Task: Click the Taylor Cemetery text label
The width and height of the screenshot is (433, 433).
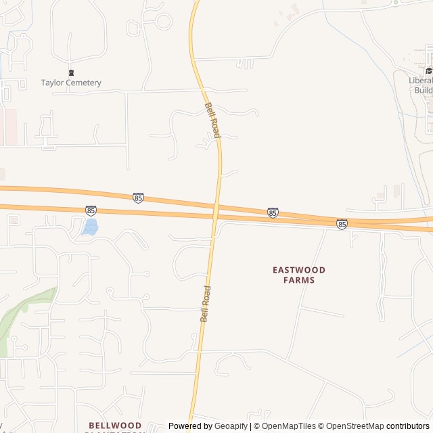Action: pos(71,83)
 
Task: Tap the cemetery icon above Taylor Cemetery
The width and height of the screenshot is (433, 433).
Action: pos(71,72)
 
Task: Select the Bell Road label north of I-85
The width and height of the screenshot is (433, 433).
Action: pos(212,120)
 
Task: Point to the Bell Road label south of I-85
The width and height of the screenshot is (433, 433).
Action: pos(205,303)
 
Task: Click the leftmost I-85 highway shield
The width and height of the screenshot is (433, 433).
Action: pos(91,211)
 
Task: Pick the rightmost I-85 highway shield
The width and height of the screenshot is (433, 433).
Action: pos(342,224)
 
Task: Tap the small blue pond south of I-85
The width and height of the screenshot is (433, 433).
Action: pos(90,227)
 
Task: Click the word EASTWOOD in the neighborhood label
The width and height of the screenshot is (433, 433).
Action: pos(299,269)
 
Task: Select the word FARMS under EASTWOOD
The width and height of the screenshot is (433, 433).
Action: pos(299,279)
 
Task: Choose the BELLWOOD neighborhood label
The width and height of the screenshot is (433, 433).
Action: pos(114,426)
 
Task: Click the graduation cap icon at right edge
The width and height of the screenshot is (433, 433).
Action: pos(428,70)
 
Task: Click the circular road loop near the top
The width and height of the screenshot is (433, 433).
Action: pos(164,22)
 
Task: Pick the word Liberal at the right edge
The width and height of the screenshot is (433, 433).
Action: pos(420,80)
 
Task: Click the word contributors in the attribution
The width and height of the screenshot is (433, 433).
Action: pos(407,426)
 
